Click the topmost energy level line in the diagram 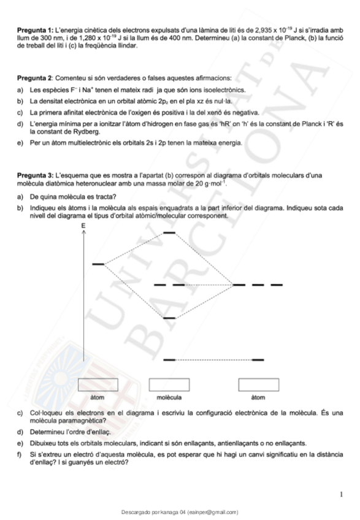pyautogui.click(x=169, y=233)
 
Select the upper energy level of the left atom pyautogui.click(x=98, y=264)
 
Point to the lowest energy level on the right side pyautogui.click(x=258, y=359)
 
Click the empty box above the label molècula pyautogui.click(x=169, y=386)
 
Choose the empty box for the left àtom pyautogui.click(x=98, y=386)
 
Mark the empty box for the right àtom pyautogui.click(x=258, y=386)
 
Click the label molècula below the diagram pyautogui.click(x=169, y=397)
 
